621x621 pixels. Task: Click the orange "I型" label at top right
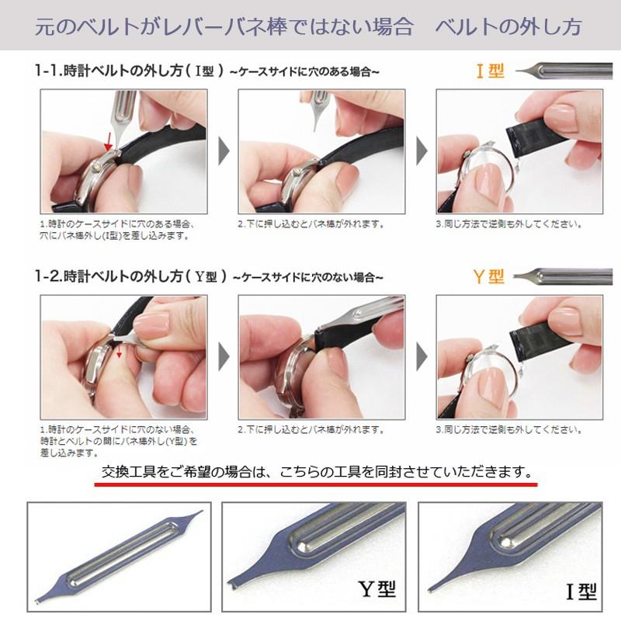click(x=490, y=72)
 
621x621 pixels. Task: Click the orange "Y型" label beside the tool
click(x=489, y=276)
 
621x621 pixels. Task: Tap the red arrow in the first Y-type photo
click(x=119, y=353)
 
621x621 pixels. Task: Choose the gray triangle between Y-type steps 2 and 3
click(x=422, y=356)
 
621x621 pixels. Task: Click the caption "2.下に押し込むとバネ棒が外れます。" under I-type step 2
click(x=310, y=224)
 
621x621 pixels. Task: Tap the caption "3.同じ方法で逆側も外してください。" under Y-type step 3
click(x=508, y=428)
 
